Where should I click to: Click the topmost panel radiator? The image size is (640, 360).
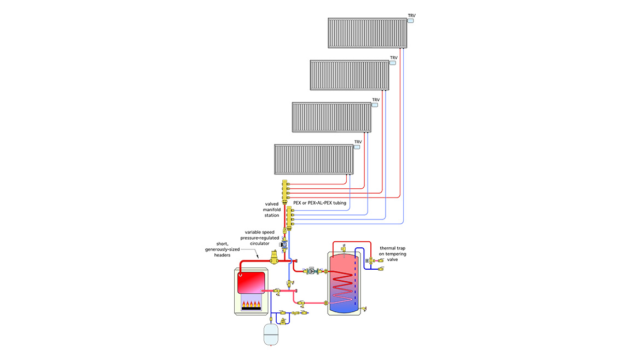367,33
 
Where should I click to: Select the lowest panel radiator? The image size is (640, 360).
313,159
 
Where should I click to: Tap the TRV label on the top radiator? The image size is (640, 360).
411,15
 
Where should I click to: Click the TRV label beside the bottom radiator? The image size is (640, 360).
358,142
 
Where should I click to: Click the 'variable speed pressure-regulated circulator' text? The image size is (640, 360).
260,239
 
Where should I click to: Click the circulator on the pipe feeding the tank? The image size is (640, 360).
311,270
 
